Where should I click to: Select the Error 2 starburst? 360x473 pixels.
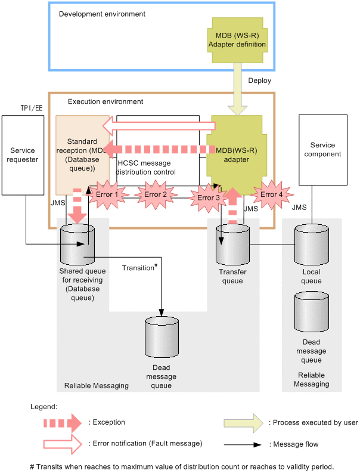point(156,194)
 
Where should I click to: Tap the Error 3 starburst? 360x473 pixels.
point(209,197)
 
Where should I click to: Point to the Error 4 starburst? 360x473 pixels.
point(272,194)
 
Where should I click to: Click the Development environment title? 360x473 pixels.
point(102,13)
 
